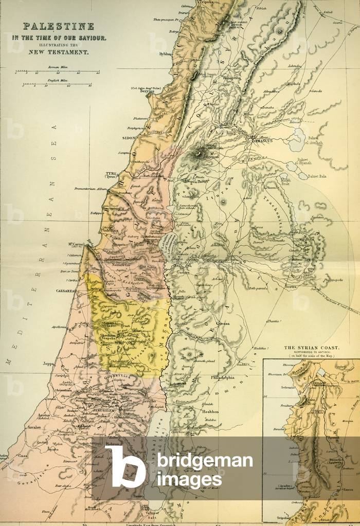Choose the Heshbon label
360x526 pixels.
pos(210,412)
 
